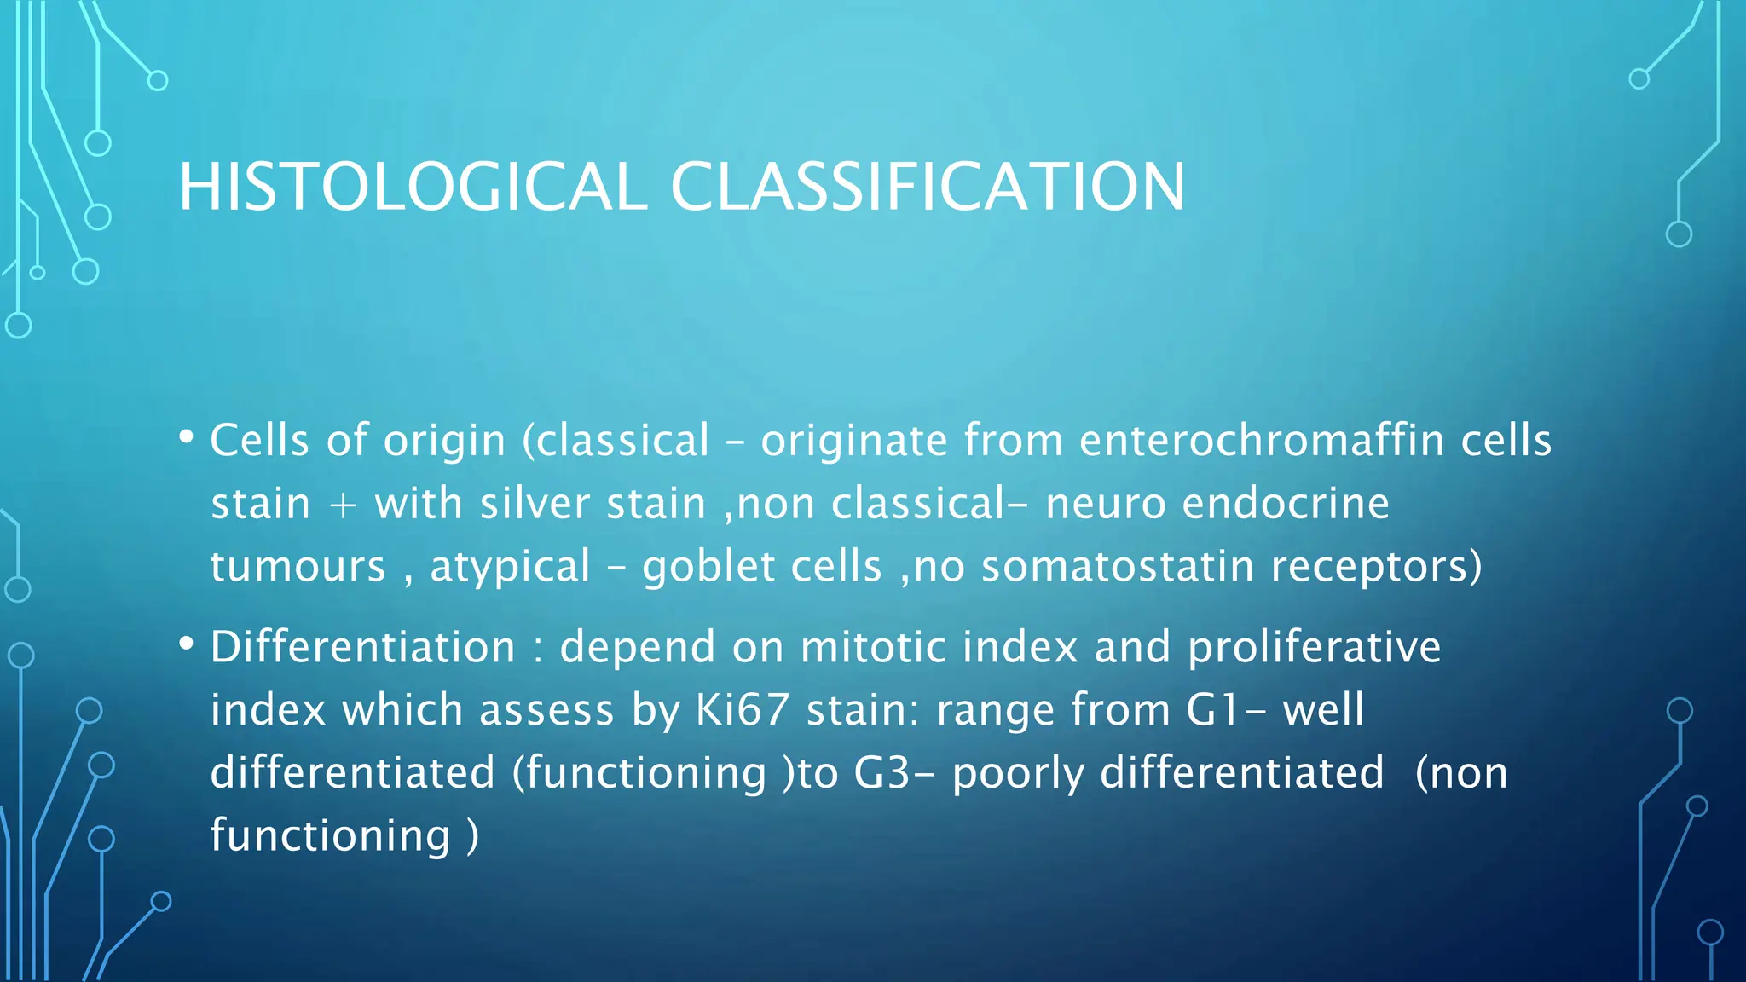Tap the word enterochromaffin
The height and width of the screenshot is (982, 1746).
(x=1261, y=441)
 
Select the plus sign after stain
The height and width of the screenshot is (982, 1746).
(x=342, y=505)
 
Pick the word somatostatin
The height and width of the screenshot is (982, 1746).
(x=1118, y=567)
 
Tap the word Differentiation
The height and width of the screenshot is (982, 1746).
(x=363, y=646)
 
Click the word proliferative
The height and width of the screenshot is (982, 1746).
(x=1314, y=648)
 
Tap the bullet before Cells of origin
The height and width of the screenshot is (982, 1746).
(x=187, y=438)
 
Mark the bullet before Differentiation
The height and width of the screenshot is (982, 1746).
(x=187, y=644)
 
